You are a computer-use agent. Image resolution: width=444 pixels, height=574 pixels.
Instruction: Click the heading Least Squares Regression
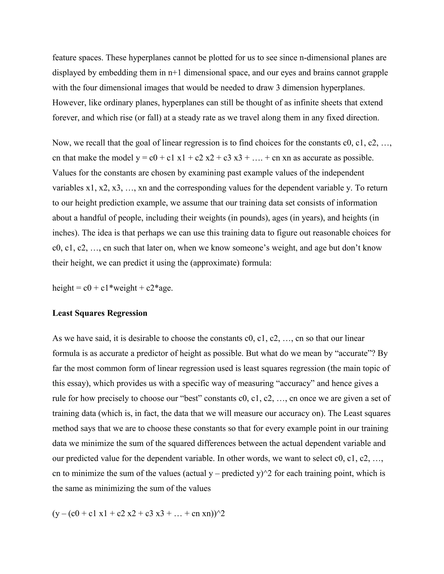tap(100, 313)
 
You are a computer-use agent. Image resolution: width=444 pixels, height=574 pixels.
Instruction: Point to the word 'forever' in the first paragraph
tap(65, 118)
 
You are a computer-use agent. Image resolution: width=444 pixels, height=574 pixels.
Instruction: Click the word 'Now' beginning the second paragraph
tap(61, 143)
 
